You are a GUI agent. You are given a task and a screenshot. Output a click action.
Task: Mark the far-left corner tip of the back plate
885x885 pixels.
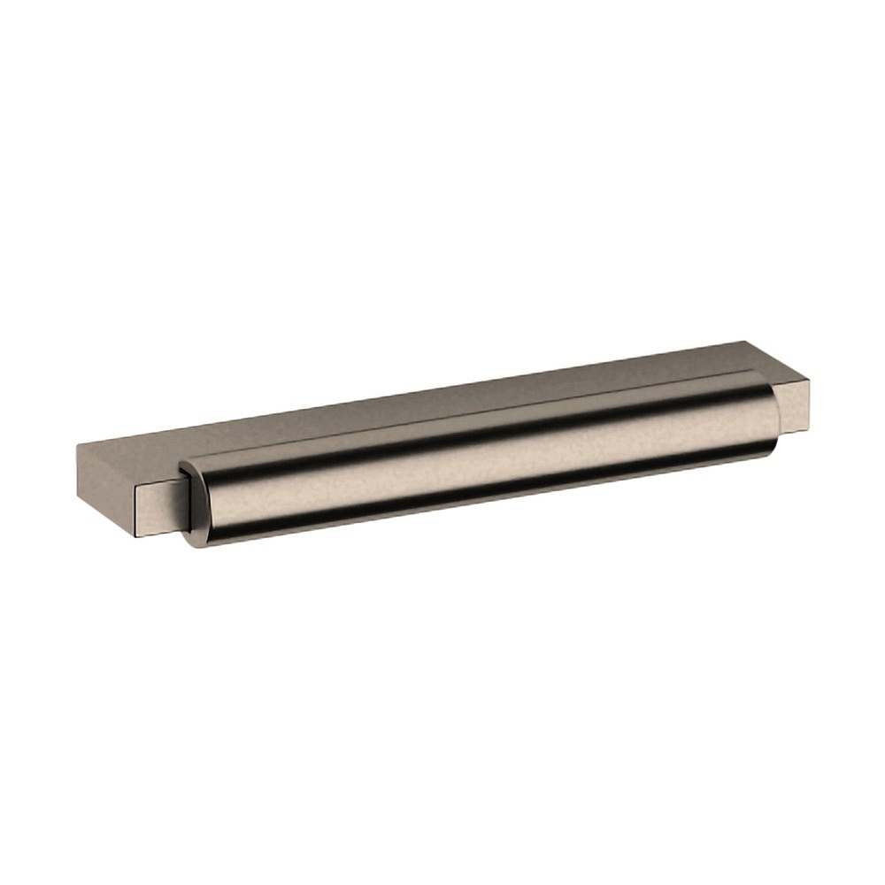coord(77,447)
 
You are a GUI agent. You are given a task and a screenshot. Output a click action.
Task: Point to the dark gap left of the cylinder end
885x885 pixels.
coord(183,504)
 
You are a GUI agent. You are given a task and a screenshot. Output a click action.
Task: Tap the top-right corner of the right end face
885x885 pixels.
coord(807,379)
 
